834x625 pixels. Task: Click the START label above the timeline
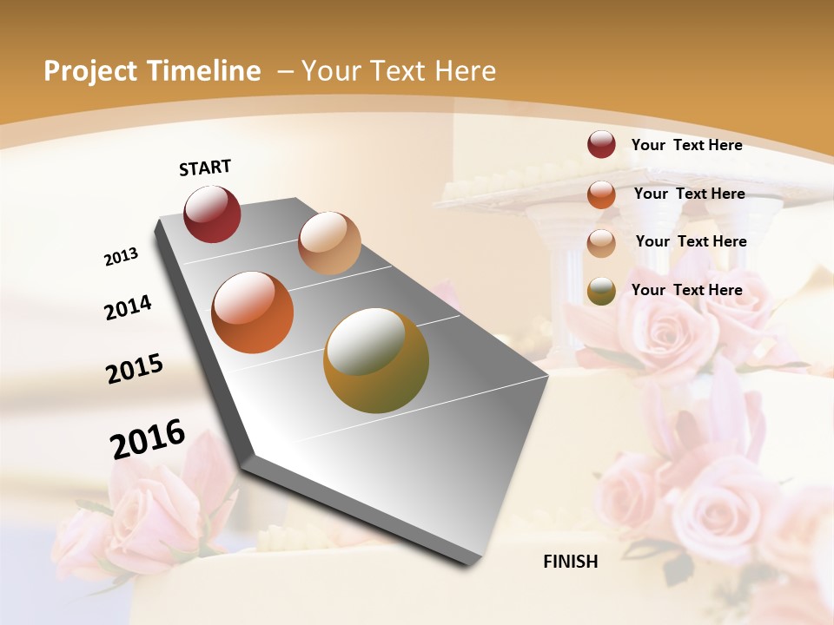205,168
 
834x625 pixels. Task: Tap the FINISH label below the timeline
570,562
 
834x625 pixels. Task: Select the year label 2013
121,257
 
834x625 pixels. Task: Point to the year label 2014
128,307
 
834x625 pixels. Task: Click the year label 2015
135,369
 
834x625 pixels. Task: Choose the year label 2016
148,438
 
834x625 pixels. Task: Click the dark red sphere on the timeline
212,214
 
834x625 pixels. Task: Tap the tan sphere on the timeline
329,242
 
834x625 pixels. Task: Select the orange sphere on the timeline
253,312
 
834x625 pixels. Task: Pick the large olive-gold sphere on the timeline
376,360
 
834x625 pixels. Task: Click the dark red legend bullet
601,145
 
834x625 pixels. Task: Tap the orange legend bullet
601,194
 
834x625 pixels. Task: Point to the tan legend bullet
601,242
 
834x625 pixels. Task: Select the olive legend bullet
601,291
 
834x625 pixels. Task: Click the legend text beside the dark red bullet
686,145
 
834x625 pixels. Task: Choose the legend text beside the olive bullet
686,290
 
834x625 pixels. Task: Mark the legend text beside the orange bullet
689,194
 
